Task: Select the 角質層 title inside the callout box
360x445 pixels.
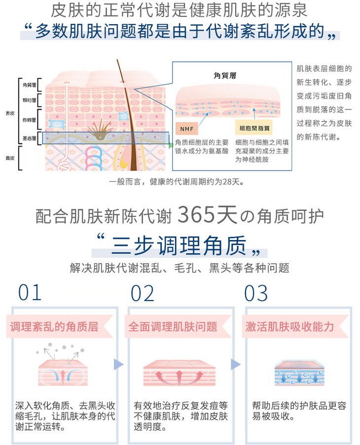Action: click(225, 75)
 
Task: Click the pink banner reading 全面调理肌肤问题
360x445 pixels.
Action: click(173, 326)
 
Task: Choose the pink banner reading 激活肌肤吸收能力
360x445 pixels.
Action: click(290, 326)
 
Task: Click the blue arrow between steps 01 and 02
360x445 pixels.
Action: click(118, 365)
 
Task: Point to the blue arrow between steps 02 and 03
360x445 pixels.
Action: click(236, 365)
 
